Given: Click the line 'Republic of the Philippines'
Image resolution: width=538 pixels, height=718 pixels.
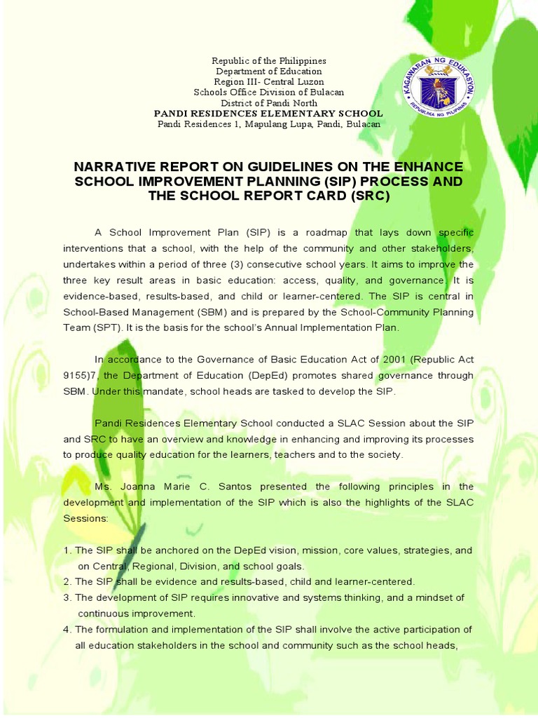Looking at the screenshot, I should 269,61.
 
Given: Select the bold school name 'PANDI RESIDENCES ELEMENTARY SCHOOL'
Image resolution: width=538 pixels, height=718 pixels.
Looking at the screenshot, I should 269,113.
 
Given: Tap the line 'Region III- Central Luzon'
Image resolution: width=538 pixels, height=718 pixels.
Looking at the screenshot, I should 269,82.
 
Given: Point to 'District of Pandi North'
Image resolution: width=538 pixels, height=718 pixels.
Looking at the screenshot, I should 269,103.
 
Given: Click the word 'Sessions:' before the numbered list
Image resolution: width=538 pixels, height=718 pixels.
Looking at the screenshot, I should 85,518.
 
